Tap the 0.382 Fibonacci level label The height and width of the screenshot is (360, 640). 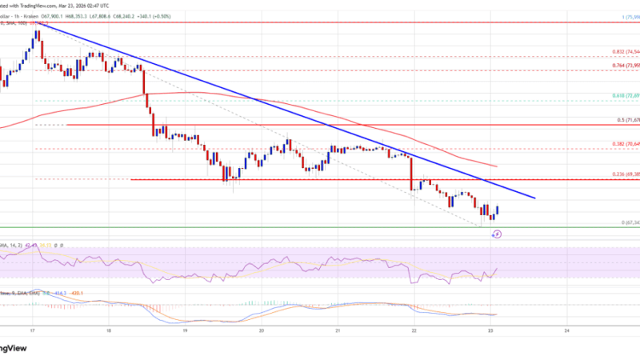coord(618,144)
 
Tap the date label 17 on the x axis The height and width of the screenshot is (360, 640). coord(32,329)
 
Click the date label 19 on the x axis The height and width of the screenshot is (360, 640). coord(185,329)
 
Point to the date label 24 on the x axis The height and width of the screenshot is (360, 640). coord(566,329)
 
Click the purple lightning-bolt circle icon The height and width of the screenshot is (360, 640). coord(497,234)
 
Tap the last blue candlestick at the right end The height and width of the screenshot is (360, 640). coord(498,210)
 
